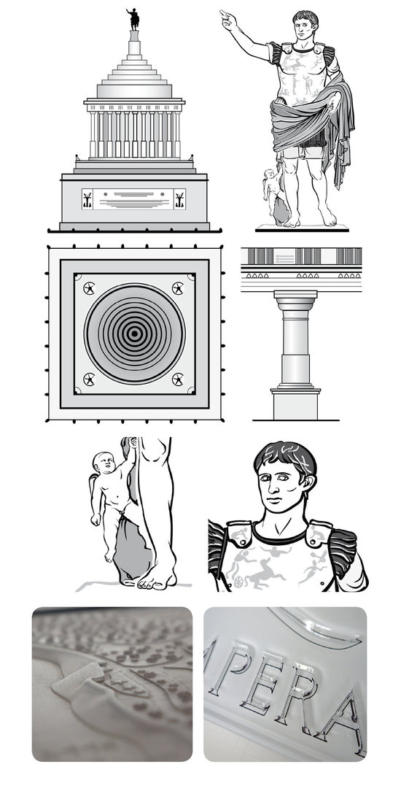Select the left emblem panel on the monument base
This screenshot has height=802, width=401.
tap(87, 198)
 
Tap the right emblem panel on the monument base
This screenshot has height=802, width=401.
tap(179, 198)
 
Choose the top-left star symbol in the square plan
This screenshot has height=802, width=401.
tap(89, 288)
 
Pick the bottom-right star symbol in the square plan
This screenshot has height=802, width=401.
tap(178, 379)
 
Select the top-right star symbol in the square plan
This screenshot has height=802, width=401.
tap(178, 288)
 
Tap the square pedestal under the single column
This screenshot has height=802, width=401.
tap(295, 403)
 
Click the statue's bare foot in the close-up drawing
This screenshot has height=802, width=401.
tap(157, 579)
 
